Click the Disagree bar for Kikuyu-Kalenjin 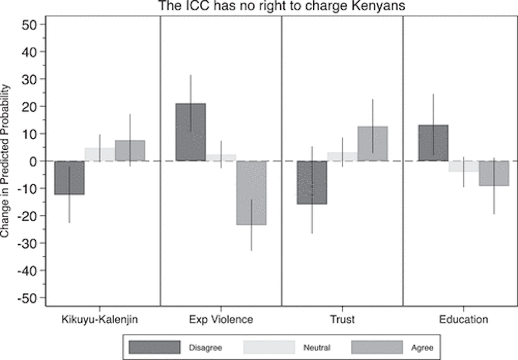[70, 178]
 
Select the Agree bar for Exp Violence [251, 193]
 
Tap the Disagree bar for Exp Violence [190, 132]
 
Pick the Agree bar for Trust [372, 144]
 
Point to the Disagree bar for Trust [312, 182]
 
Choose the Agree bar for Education [494, 173]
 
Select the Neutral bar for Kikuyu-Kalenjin [100, 154]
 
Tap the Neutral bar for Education [463, 166]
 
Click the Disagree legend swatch [154, 347]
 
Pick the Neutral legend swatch [269, 347]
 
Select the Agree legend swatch [377, 347]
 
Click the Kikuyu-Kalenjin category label [100, 319]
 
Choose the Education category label [463, 319]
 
